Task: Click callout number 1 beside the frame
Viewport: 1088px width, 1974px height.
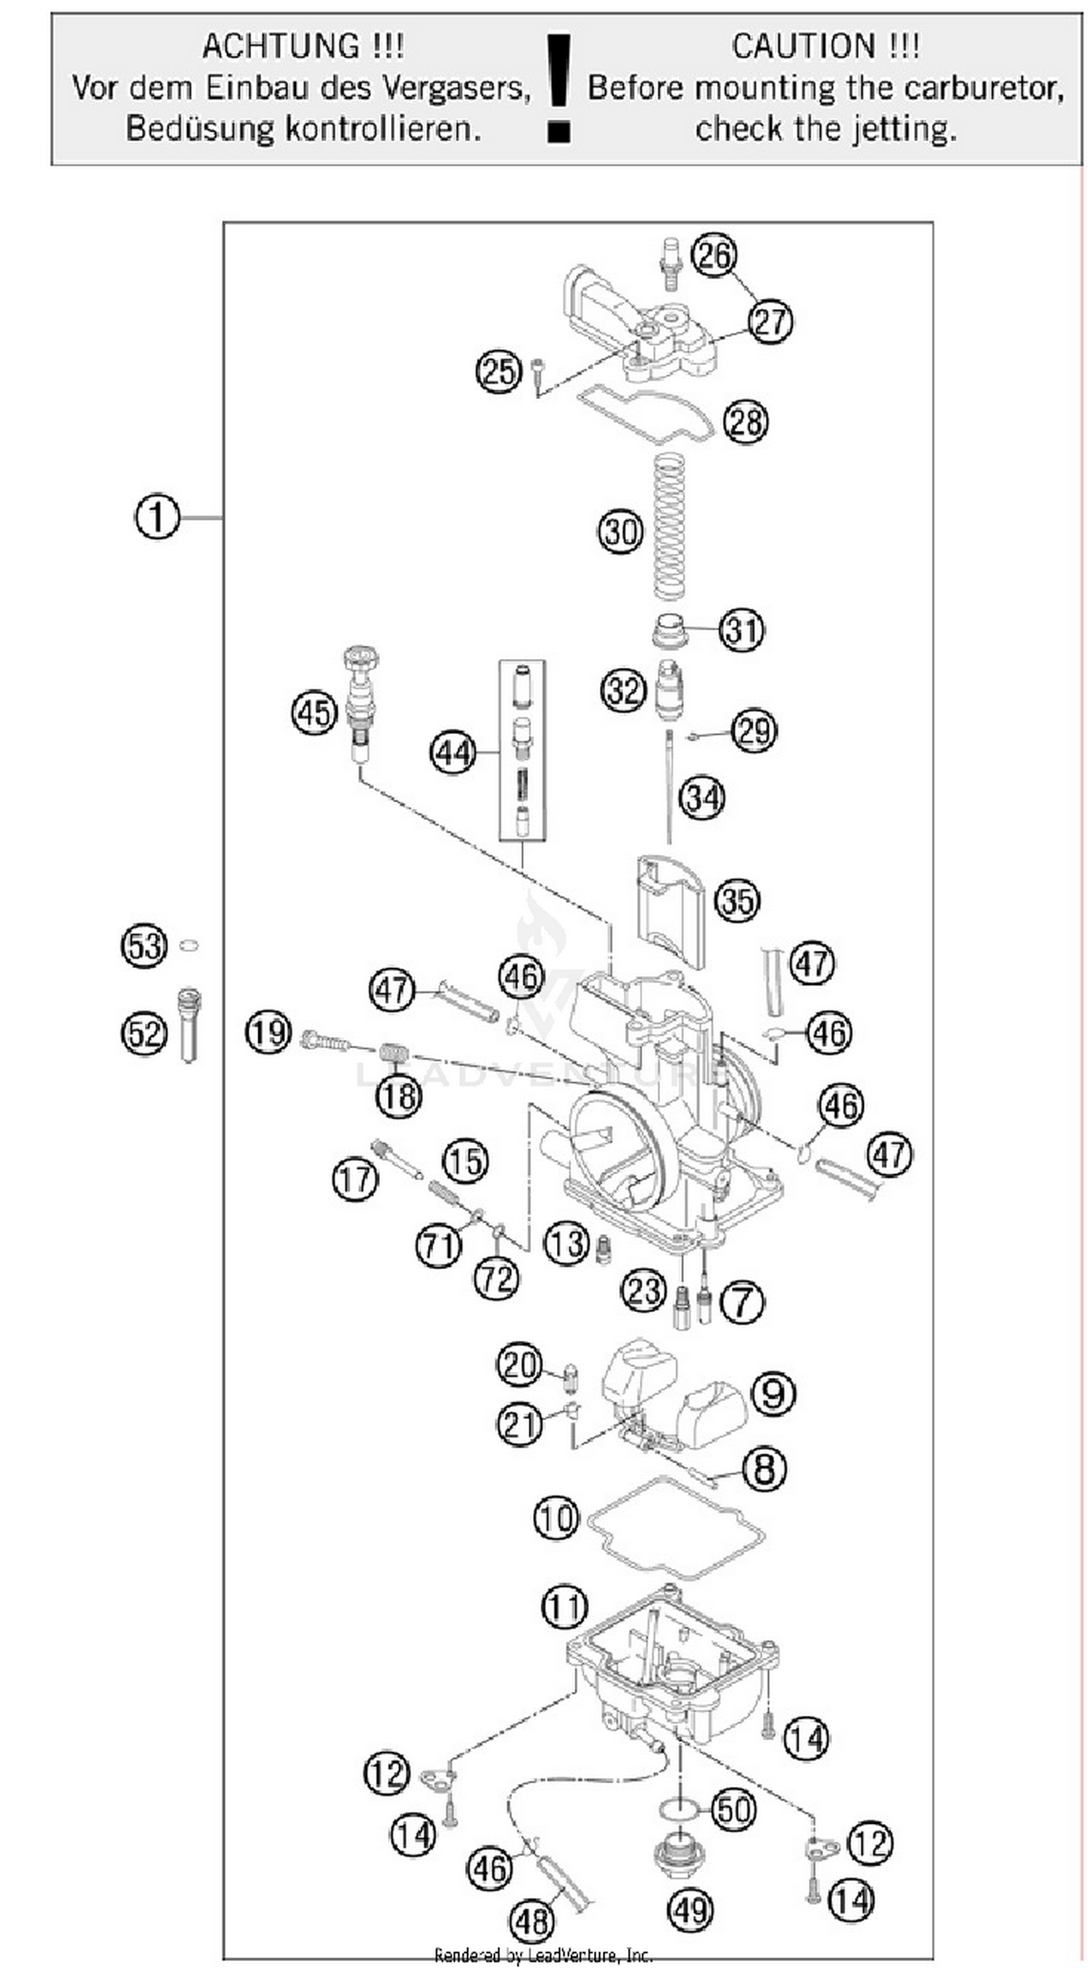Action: point(156,517)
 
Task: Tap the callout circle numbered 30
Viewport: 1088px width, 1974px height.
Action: point(620,532)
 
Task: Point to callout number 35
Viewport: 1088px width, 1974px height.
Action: point(737,901)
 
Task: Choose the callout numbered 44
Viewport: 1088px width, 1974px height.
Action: point(453,753)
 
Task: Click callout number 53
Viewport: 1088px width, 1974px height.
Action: point(144,946)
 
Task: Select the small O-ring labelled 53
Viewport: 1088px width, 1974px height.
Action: point(189,946)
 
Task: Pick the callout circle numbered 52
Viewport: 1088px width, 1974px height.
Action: point(144,1033)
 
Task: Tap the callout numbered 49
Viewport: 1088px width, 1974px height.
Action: point(691,1909)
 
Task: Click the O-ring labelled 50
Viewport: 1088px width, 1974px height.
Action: point(678,1810)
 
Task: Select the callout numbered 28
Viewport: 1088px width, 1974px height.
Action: point(746,421)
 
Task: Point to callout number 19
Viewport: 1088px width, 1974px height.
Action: point(268,1033)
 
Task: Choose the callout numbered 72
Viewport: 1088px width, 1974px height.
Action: point(497,1279)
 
